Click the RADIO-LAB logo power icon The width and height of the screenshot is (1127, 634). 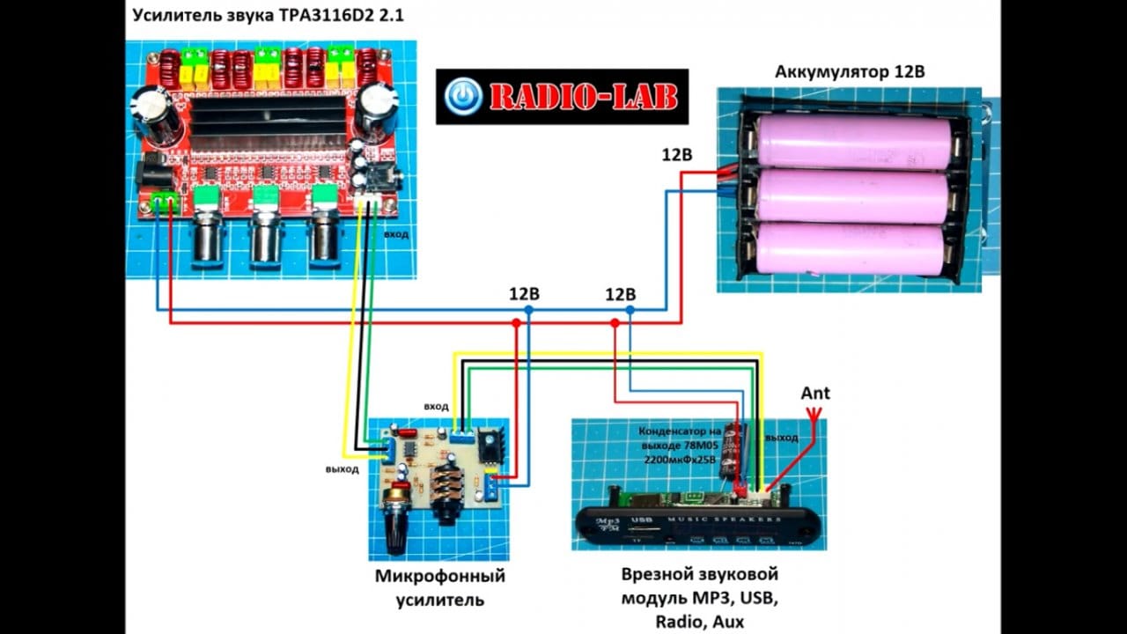463,97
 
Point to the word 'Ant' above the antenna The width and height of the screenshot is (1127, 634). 814,394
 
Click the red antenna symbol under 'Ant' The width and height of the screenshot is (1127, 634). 812,424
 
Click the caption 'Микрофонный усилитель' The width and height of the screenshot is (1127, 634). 439,589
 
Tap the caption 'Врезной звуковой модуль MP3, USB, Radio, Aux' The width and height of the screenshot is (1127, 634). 700,598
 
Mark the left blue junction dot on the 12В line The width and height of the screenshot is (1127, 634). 528,311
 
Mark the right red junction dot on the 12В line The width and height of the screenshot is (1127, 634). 613,323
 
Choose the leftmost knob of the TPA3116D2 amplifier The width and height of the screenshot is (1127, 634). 207,238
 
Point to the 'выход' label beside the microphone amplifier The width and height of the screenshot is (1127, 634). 341,469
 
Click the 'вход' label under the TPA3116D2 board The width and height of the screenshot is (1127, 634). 395,234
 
